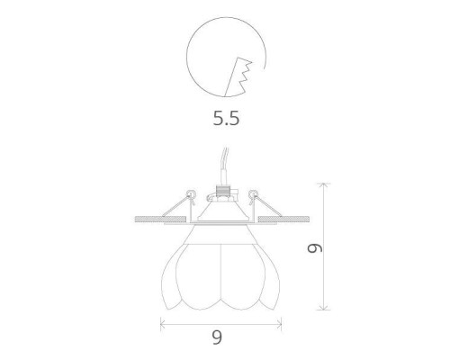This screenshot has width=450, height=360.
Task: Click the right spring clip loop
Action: [x=255, y=193]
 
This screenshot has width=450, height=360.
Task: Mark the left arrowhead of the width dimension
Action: [x=162, y=320]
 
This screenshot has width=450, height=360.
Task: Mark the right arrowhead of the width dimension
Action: [x=279, y=320]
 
